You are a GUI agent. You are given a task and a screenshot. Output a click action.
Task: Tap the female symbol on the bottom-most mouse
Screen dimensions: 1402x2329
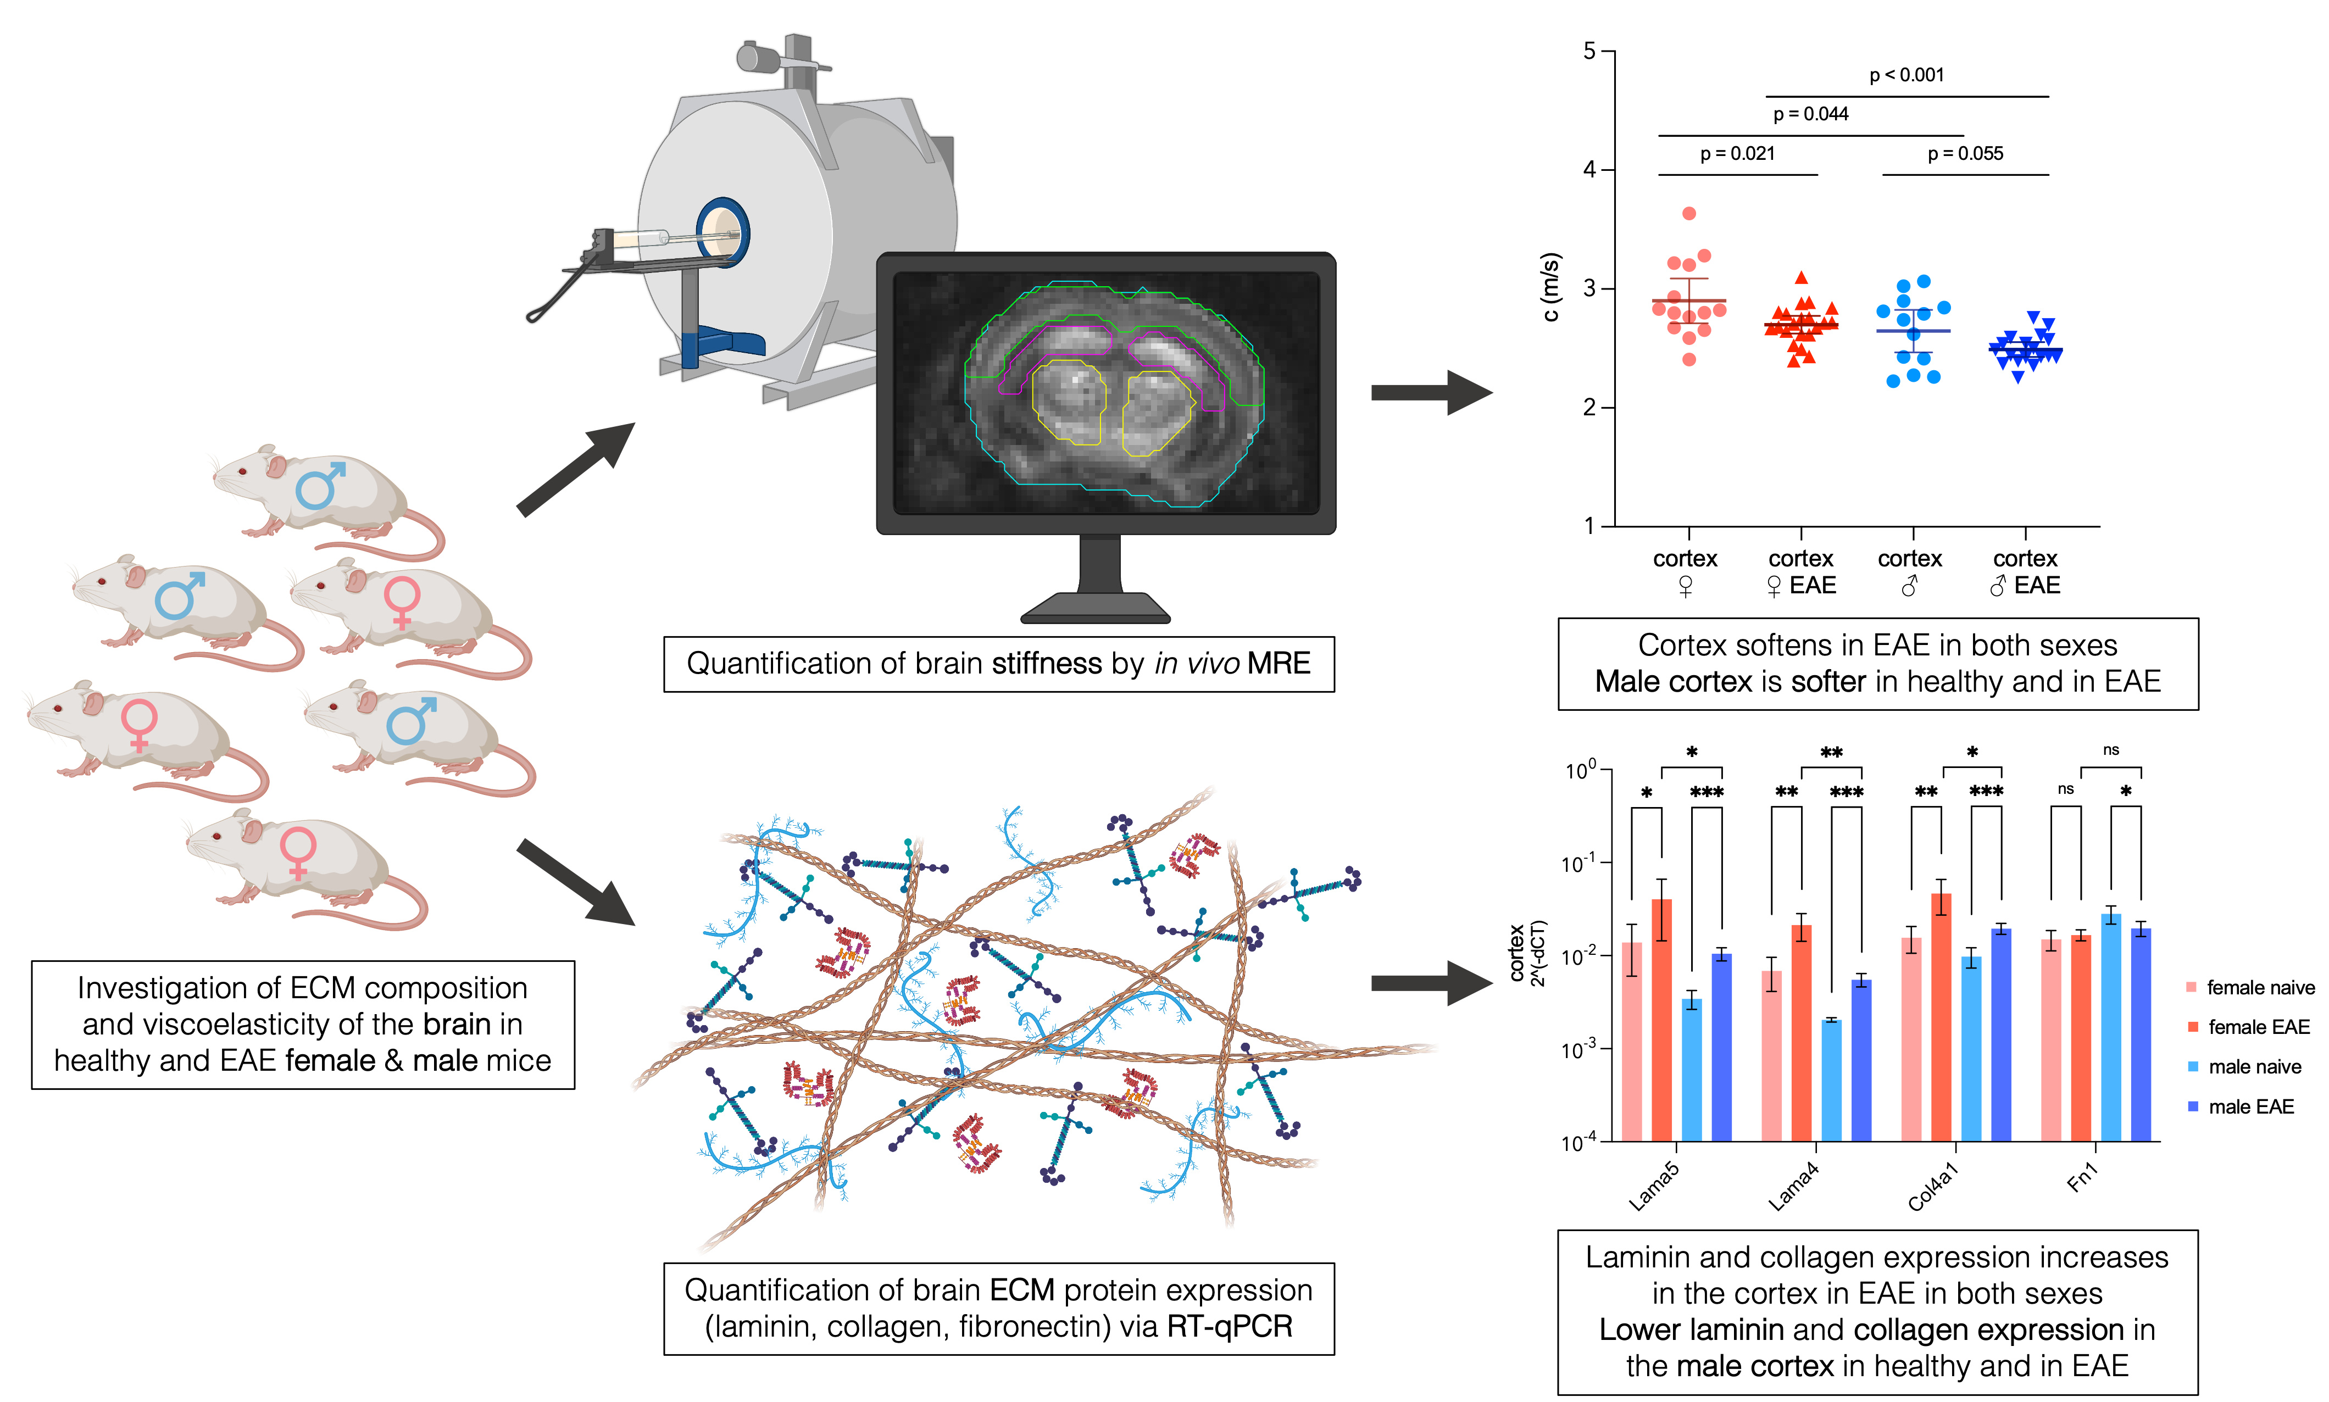pos(298,852)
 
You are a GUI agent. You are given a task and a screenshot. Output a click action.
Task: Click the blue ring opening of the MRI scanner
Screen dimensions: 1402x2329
pos(723,232)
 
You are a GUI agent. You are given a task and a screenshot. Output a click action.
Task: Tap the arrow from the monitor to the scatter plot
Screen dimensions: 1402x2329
pos(1431,392)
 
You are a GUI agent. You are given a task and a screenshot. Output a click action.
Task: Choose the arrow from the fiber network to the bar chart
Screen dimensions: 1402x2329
pos(1431,983)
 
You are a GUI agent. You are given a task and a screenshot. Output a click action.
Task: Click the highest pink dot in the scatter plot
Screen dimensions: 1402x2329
pos(1689,214)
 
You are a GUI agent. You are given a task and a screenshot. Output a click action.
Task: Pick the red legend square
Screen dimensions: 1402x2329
pos(2192,1027)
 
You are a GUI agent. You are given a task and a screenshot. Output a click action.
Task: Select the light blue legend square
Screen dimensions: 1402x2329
pos(2192,1067)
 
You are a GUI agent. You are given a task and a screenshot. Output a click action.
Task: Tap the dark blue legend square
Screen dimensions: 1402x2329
pos(2192,1106)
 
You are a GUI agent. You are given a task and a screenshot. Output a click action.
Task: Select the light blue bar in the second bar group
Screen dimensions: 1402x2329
pos(1831,1082)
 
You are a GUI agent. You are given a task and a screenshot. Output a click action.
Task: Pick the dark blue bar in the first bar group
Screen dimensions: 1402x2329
pos(1721,1049)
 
